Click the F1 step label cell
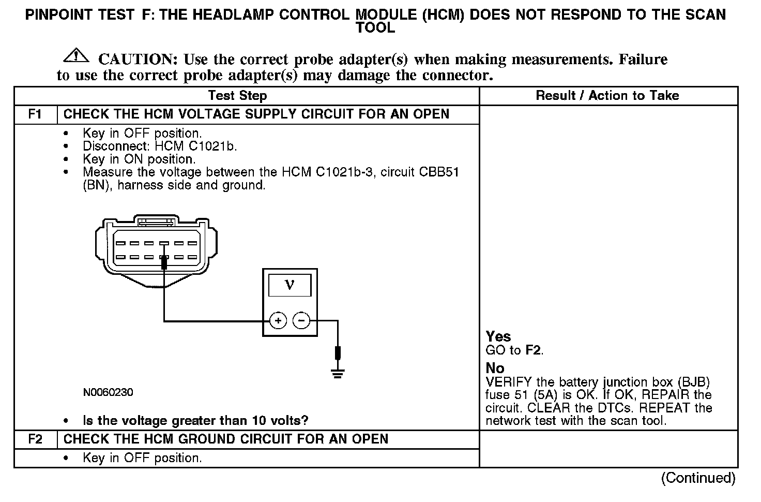[x=35, y=114]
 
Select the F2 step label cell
[x=35, y=439]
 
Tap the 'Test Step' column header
[x=237, y=96]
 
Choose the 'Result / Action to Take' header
[x=607, y=96]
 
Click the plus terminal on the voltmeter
[x=278, y=321]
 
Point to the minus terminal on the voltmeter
[x=301, y=321]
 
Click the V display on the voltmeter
[x=290, y=286]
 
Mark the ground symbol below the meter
[x=338, y=373]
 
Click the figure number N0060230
[x=108, y=392]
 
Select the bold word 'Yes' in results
[x=498, y=337]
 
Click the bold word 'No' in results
[x=495, y=368]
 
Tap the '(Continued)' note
[x=697, y=478]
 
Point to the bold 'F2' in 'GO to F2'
[x=533, y=350]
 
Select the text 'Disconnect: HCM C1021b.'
[x=160, y=146]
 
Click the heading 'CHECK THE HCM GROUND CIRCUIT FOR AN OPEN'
[x=225, y=439]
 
